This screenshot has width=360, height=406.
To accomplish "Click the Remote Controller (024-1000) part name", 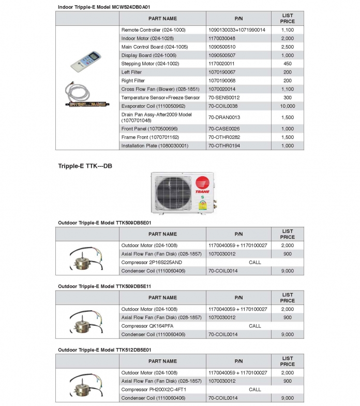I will [153, 30].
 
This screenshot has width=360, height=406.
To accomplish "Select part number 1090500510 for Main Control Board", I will [225, 47].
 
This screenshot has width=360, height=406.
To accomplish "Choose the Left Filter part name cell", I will [131, 72].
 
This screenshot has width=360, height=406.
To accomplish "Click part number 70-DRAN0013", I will [224, 118].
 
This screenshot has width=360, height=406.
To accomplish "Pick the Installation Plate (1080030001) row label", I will [155, 146].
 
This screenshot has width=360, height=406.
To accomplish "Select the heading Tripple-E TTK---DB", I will [85, 166].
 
